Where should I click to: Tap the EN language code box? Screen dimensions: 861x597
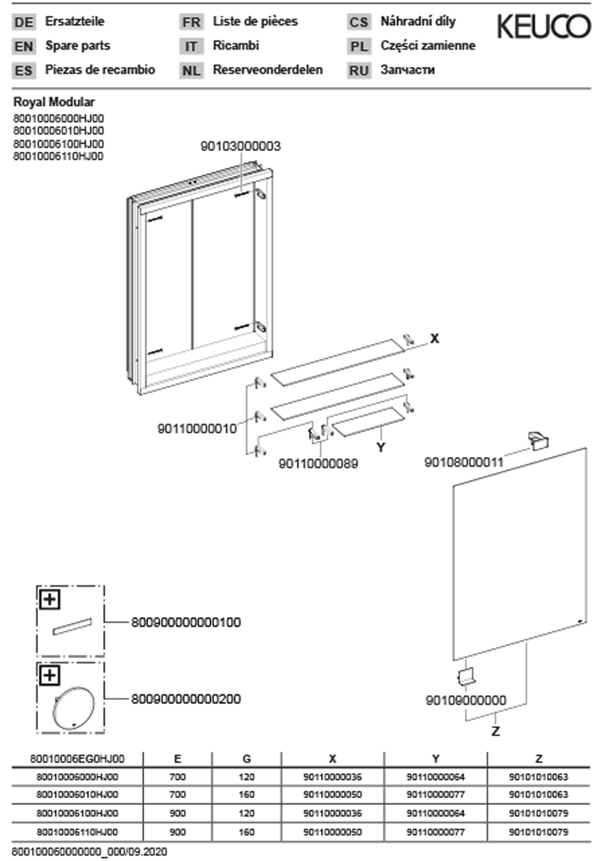point(24,46)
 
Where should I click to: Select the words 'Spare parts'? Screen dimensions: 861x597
point(78,46)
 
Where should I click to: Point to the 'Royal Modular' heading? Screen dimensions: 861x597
point(54,102)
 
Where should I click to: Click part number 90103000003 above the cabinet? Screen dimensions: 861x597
point(240,146)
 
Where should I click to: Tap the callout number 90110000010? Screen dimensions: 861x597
point(197,428)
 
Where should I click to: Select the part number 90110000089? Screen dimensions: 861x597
point(318,464)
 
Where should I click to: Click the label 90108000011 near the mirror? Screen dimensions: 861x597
point(464,462)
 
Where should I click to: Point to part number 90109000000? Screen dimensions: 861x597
point(466,700)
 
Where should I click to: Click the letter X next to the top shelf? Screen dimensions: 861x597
point(434,339)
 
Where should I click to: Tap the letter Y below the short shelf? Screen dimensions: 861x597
point(381,447)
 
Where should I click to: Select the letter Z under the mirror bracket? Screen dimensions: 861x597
point(495,731)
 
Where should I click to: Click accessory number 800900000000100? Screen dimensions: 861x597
point(186,623)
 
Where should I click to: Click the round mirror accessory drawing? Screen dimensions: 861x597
point(73,707)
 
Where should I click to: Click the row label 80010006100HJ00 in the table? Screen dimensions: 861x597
point(77,813)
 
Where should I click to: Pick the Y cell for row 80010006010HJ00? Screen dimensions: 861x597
point(435,794)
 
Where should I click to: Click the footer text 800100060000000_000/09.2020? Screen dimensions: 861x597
point(90,852)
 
